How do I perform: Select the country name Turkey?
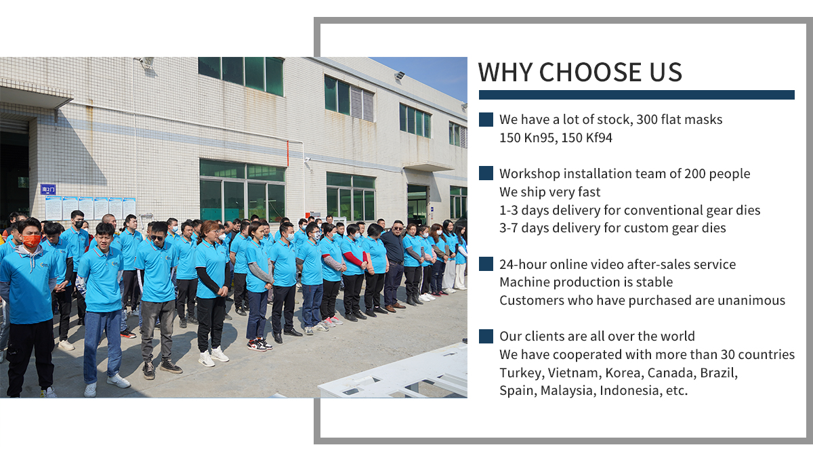tap(521, 373)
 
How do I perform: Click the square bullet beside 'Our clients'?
tap(486, 337)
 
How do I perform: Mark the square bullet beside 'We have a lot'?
tap(486, 119)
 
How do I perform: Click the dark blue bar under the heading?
tap(637, 95)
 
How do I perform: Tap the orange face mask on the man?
tap(31, 240)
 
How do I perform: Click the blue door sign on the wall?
tap(48, 189)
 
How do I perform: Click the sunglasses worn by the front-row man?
tap(157, 238)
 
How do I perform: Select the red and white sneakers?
tap(259, 344)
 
